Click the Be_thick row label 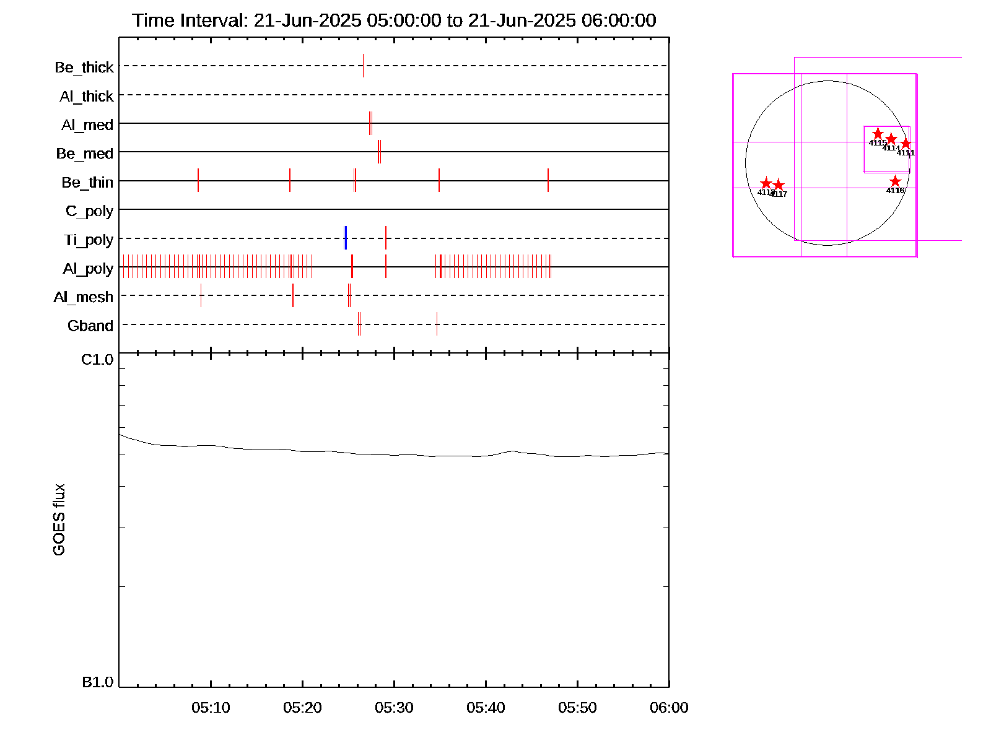pyautogui.click(x=84, y=67)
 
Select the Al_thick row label pyautogui.click(x=86, y=96)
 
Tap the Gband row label pyautogui.click(x=90, y=326)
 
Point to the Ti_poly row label pyautogui.click(x=89, y=240)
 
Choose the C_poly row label pyautogui.click(x=89, y=211)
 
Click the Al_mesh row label pyautogui.click(x=84, y=297)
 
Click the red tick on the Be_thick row pyautogui.click(x=364, y=66)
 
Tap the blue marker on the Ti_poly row pyautogui.click(x=345, y=238)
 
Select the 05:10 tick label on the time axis pyautogui.click(x=211, y=708)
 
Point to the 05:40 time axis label pyautogui.click(x=486, y=708)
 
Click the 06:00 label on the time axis pyautogui.click(x=669, y=708)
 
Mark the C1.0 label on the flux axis pyautogui.click(x=97, y=360)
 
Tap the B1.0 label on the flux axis pyautogui.click(x=97, y=682)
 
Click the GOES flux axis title pyautogui.click(x=59, y=520)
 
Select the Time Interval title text pyautogui.click(x=394, y=20)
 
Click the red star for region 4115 pyautogui.click(x=878, y=134)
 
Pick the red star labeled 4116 pyautogui.click(x=895, y=181)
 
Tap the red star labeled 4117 pyautogui.click(x=779, y=186)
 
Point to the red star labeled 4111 pyautogui.click(x=906, y=144)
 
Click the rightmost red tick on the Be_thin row pyautogui.click(x=548, y=180)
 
